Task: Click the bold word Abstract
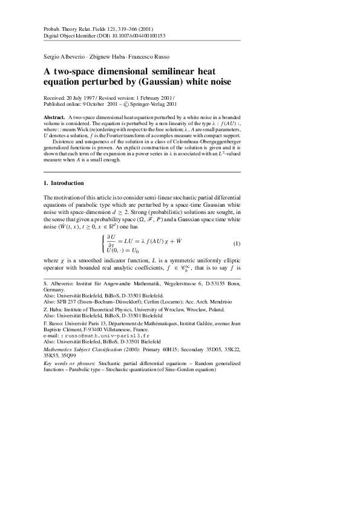(x=56, y=115)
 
